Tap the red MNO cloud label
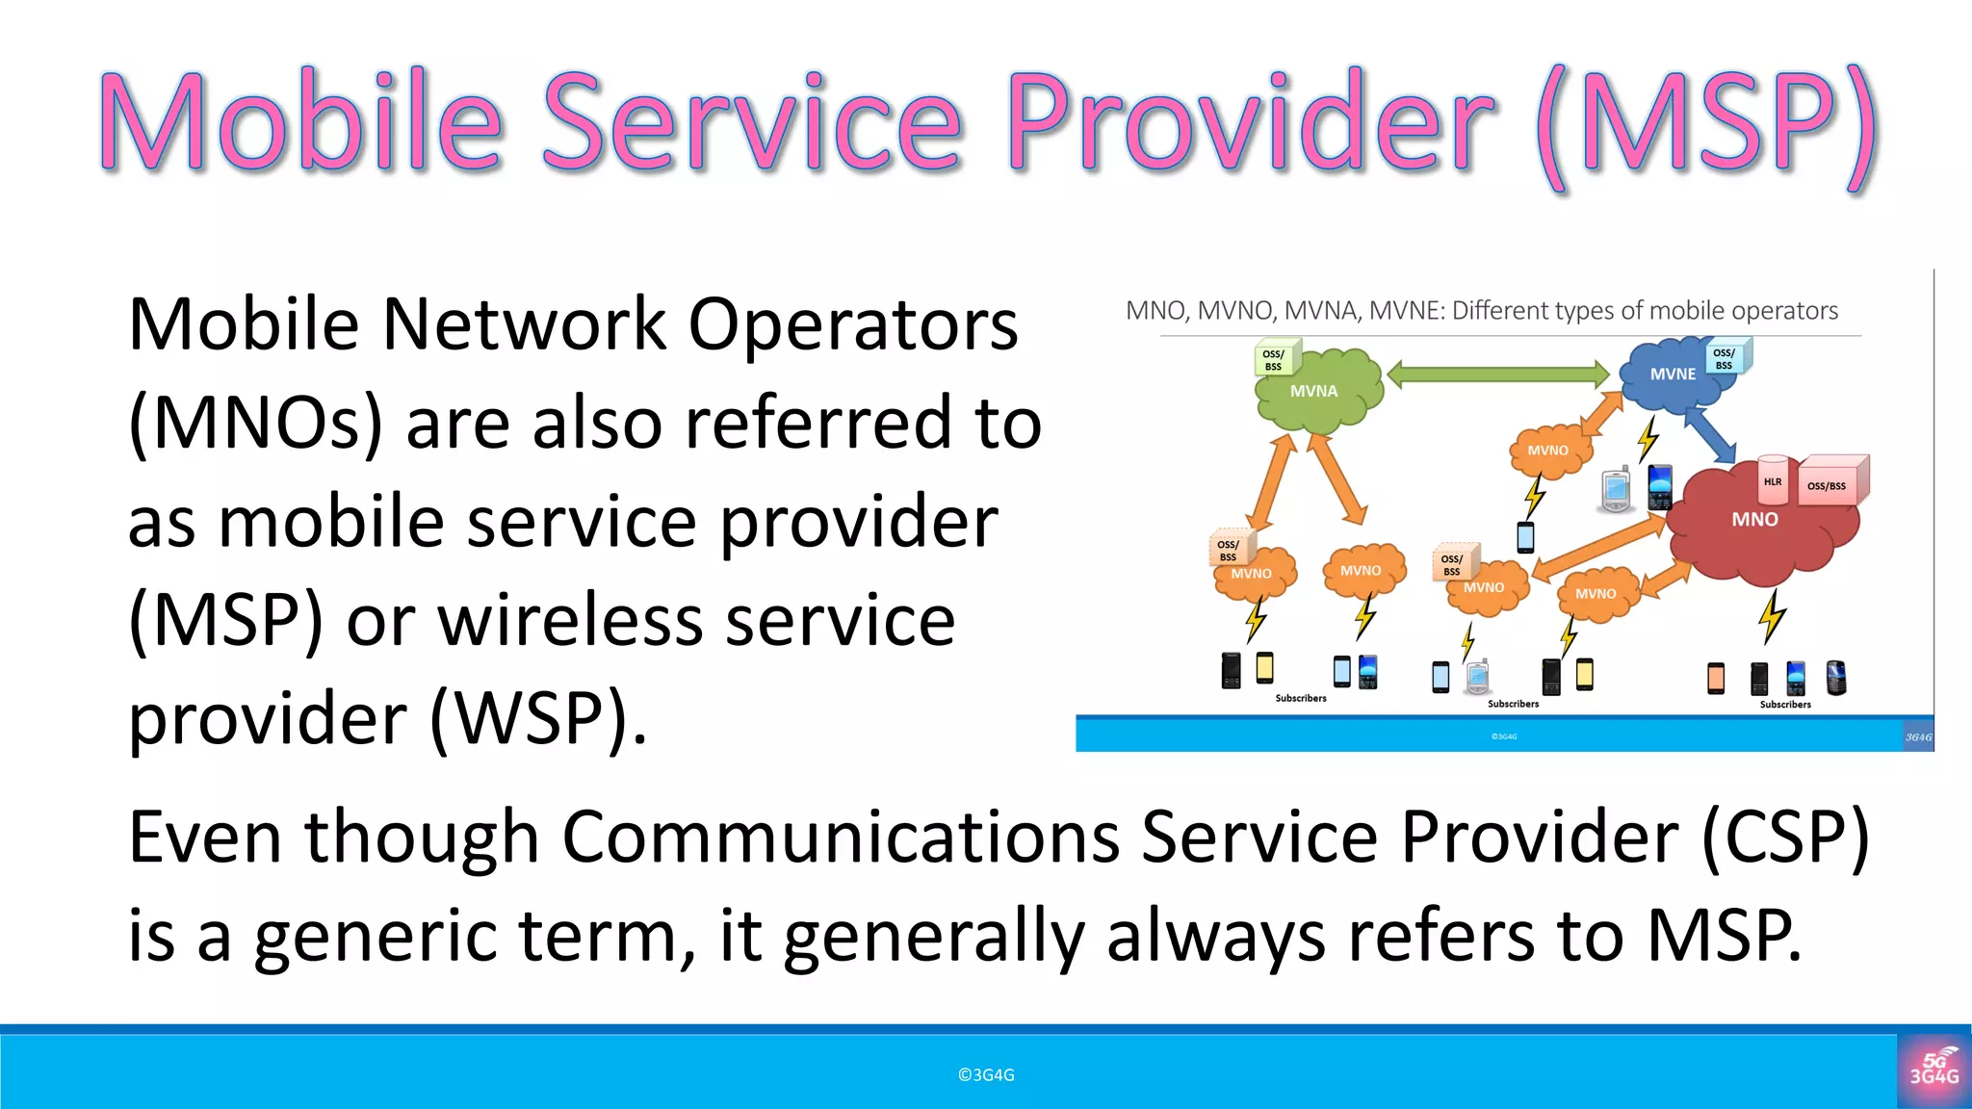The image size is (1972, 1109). tap(1754, 520)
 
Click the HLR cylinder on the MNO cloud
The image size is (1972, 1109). tap(1773, 480)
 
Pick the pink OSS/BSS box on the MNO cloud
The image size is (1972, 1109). tap(1829, 483)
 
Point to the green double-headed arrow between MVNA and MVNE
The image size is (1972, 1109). tap(1498, 374)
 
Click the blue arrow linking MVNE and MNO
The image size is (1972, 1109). tap(1710, 433)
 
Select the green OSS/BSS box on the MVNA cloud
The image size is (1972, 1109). tap(1275, 359)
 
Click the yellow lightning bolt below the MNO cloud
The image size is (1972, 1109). tap(1772, 616)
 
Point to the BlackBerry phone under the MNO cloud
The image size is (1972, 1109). tap(1836, 678)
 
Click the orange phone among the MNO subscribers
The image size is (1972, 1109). tap(1716, 679)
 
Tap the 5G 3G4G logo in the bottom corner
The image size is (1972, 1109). tap(1933, 1070)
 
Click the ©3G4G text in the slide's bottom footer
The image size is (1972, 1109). tap(986, 1075)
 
